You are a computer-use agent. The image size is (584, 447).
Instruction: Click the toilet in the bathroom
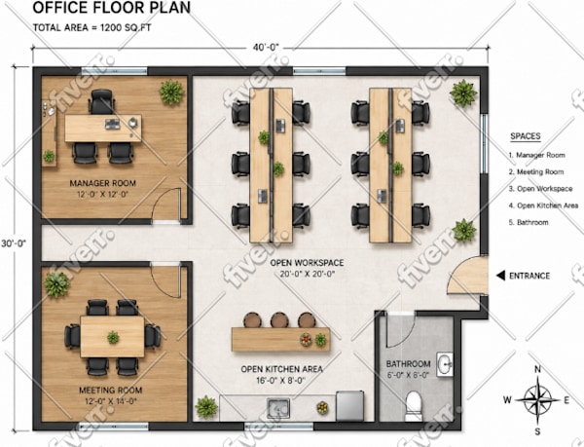pyautogui.click(x=414, y=405)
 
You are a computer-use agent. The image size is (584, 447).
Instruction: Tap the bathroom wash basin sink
pyautogui.click(x=445, y=364)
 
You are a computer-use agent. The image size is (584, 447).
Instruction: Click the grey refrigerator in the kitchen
pyautogui.click(x=349, y=406)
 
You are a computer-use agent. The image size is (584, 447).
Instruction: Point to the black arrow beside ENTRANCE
pyautogui.click(x=500, y=276)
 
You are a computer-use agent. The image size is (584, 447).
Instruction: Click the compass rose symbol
pyautogui.click(x=537, y=400)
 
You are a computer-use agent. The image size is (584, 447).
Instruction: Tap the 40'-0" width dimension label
pyautogui.click(x=266, y=48)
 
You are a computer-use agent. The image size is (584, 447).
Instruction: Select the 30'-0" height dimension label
pyautogui.click(x=14, y=243)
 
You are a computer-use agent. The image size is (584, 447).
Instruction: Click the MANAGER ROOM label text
pyautogui.click(x=103, y=183)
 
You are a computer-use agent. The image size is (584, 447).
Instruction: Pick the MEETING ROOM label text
pyautogui.click(x=111, y=390)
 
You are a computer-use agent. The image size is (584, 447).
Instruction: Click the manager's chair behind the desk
pyautogui.click(x=101, y=101)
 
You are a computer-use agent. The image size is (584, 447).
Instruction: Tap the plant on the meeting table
pyautogui.click(x=113, y=337)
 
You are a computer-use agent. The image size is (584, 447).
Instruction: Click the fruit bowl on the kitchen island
pyautogui.click(x=306, y=339)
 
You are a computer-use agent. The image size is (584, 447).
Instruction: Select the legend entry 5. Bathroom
pyautogui.click(x=529, y=222)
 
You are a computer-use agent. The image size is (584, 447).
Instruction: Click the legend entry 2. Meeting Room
pyautogui.click(x=536, y=171)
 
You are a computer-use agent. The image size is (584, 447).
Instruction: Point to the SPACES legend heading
pyautogui.click(x=526, y=136)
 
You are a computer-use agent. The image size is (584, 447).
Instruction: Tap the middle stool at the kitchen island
pyautogui.click(x=278, y=319)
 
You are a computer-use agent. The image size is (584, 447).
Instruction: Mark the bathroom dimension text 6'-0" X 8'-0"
pyautogui.click(x=408, y=375)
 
